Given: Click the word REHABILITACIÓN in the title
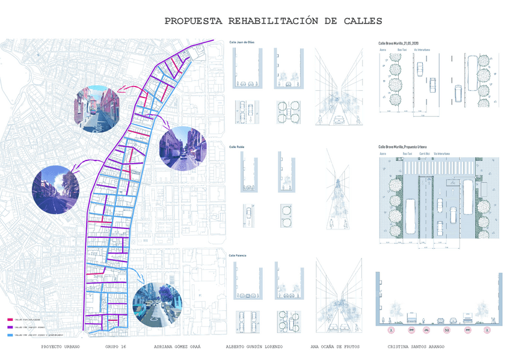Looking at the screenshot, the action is point(272,21).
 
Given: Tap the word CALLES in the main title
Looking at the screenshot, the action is point(361,21).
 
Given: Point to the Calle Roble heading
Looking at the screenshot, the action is point(236,146).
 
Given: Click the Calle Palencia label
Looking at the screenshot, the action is point(238,255).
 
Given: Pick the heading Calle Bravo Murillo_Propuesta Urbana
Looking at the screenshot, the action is point(407,147).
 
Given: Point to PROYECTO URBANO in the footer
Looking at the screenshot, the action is point(60,347).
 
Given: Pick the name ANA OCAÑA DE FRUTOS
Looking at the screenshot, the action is point(335,347).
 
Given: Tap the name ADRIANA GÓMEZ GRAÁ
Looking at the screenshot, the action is point(177,347).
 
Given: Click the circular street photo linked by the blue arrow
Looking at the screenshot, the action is point(156,304).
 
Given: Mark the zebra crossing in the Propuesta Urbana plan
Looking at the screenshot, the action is point(439,167).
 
